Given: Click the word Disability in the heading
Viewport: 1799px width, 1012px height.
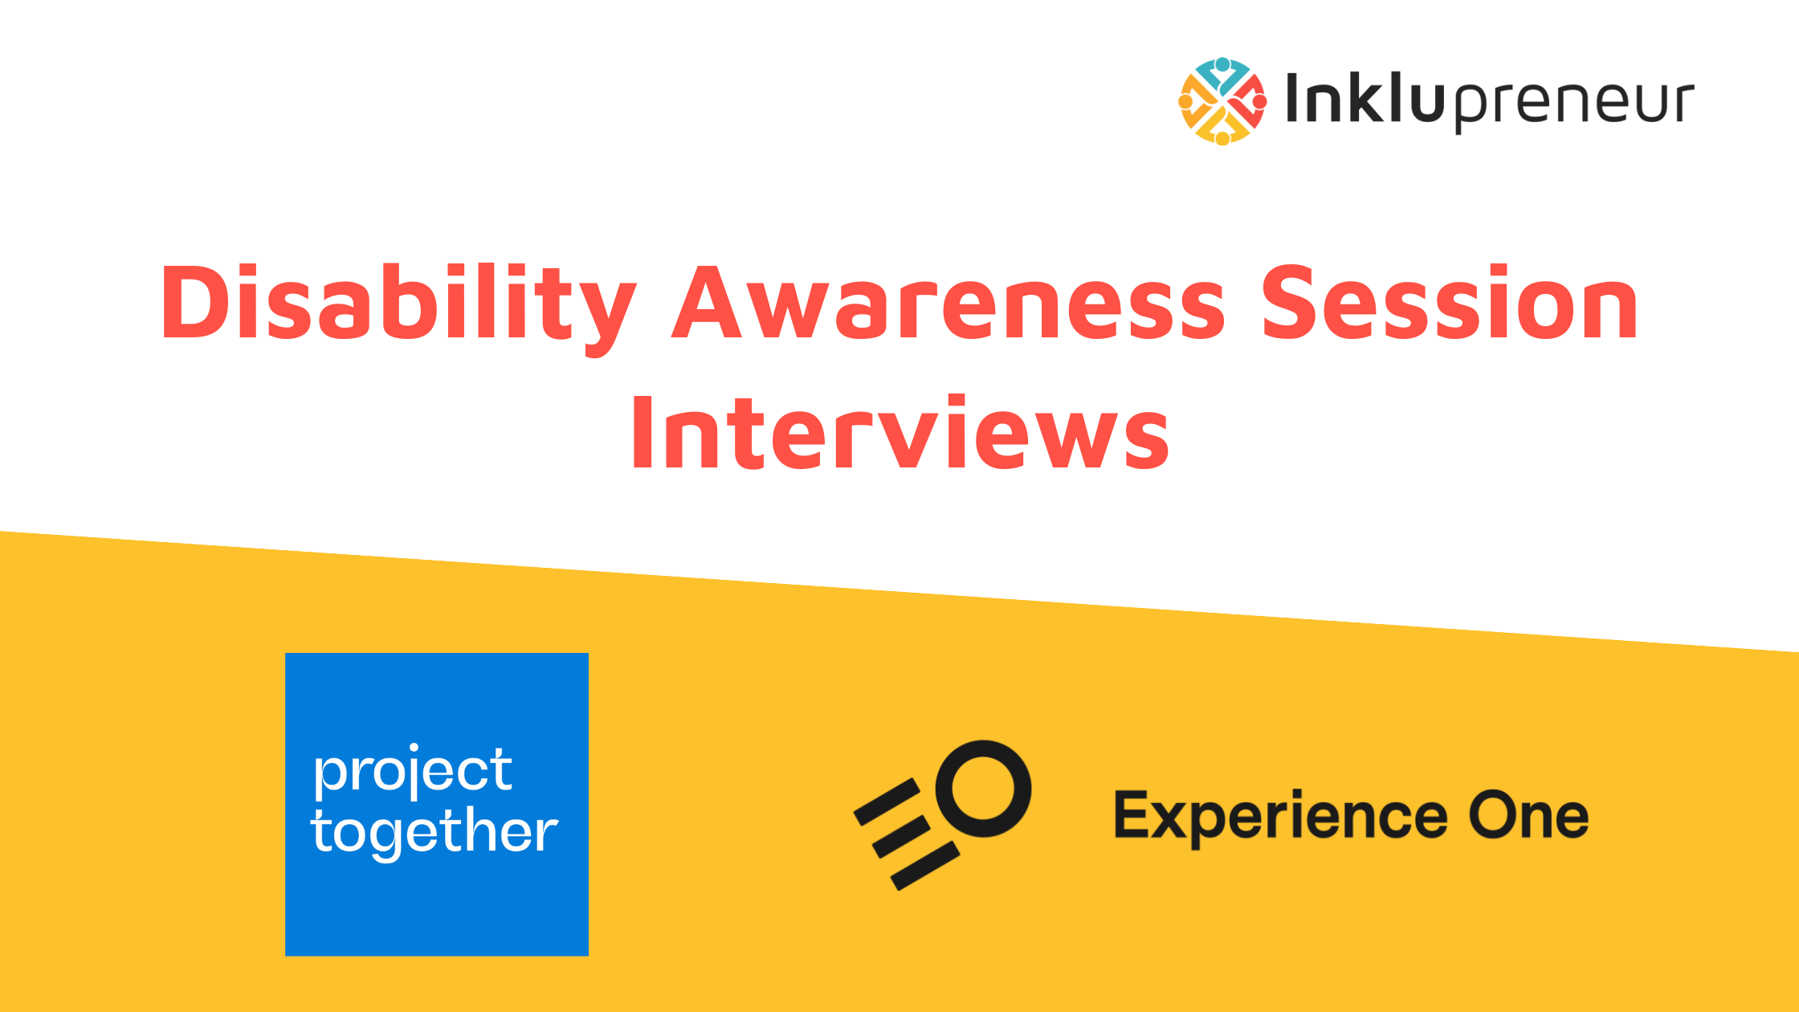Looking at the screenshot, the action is tap(399, 308).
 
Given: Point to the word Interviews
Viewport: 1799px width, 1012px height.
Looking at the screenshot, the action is tap(900, 432).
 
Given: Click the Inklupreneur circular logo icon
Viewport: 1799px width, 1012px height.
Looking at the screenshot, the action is tap(1222, 101).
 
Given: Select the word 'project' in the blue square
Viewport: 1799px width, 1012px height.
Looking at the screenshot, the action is tap(413, 772).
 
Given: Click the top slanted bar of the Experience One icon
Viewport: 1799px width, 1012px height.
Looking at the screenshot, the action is tap(887, 802).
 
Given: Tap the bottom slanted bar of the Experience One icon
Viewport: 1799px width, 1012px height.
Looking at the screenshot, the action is tap(924, 866).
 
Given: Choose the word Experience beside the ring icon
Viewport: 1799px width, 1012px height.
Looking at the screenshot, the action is tap(1281, 818).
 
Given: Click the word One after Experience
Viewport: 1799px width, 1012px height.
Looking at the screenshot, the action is tap(1528, 815).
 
